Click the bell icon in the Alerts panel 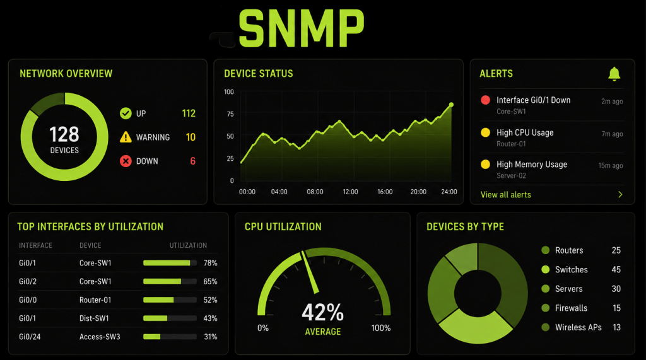614,74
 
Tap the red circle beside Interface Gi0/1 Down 485,100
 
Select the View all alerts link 505,195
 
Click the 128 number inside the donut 64,134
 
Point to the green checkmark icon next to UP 126,113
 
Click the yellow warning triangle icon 126,137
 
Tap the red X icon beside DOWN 126,161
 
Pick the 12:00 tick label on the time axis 350,192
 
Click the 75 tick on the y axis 230,114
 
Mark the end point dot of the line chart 451,105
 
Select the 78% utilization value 210,263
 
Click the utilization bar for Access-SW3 170,337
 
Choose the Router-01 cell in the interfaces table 95,300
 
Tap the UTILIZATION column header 188,245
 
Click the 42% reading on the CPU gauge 322,312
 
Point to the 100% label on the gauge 380,328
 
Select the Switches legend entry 565,270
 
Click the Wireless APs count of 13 616,327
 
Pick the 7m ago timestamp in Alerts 612,134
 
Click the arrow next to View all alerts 620,194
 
